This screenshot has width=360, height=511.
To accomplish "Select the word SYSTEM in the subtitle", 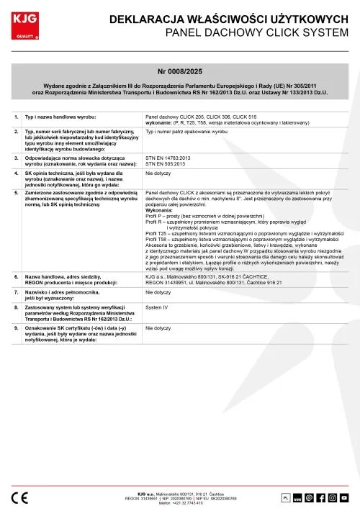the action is point(329,33).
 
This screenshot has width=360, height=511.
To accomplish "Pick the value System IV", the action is point(156,307).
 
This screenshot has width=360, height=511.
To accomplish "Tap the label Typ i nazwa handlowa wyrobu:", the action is point(61,116).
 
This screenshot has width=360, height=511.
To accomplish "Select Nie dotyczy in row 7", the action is point(158,293).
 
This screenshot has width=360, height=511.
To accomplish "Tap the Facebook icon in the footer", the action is point(320,497).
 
